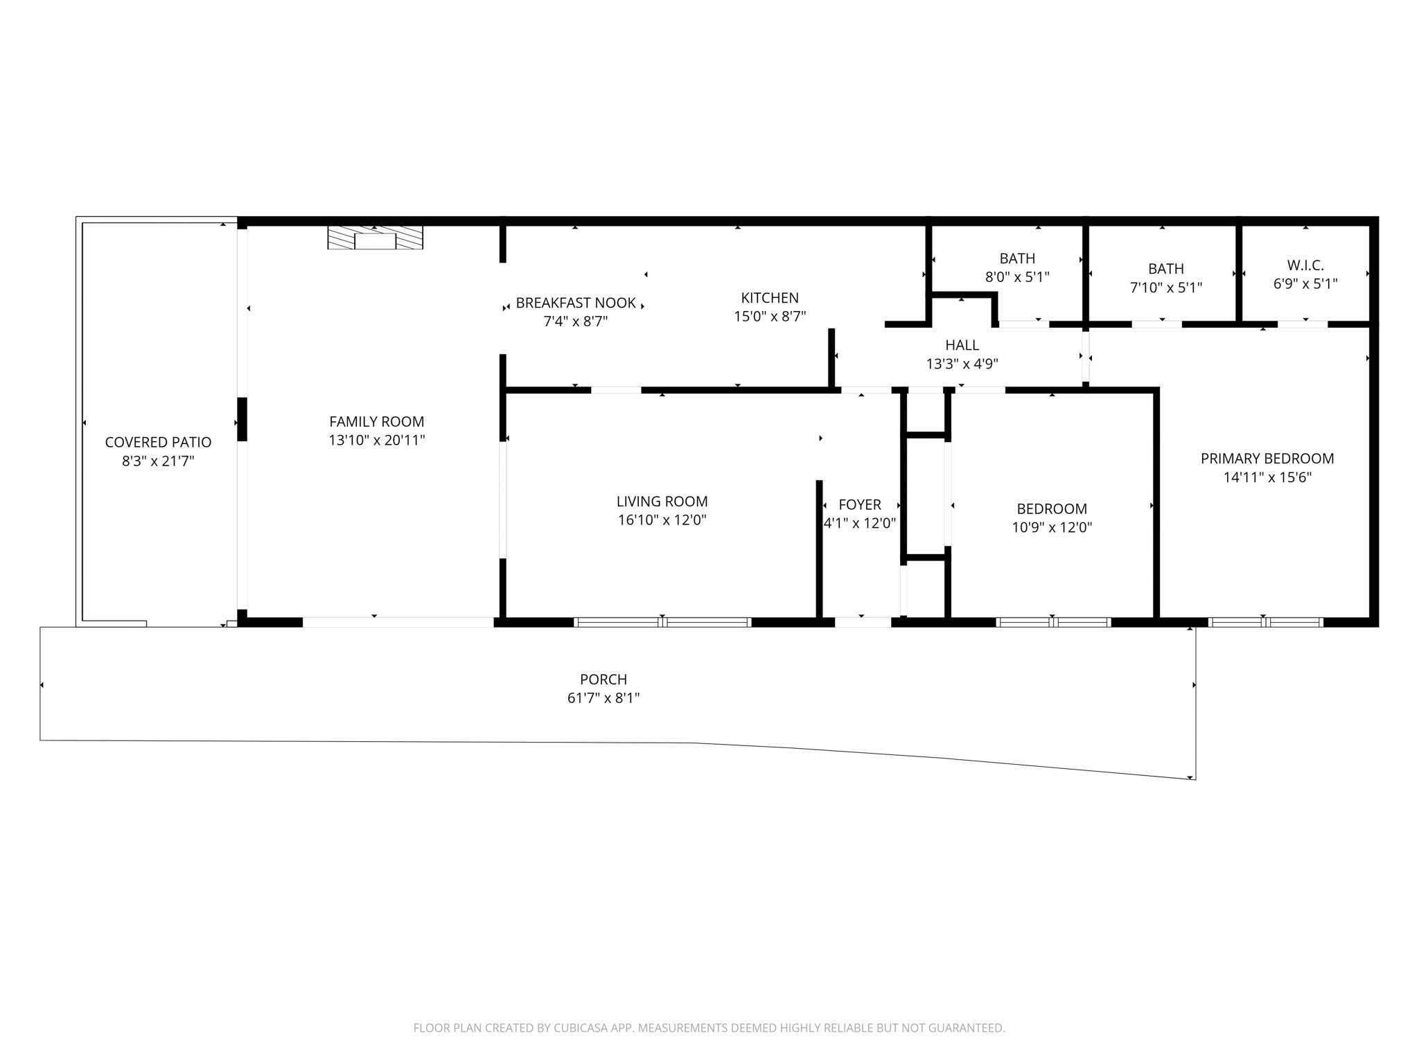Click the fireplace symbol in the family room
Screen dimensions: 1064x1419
pyautogui.click(x=375, y=238)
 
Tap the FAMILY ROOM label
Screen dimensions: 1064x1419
pyautogui.click(x=376, y=421)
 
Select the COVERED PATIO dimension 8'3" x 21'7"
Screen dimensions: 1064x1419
pyautogui.click(x=158, y=461)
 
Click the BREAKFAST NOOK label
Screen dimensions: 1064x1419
pyautogui.click(x=575, y=303)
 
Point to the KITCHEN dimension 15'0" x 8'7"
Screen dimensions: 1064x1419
pyautogui.click(x=770, y=317)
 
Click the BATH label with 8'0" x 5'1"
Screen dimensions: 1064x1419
pyautogui.click(x=1017, y=258)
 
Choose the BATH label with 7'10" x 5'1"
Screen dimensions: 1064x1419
pyautogui.click(x=1165, y=269)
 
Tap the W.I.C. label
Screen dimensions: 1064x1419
pyautogui.click(x=1305, y=265)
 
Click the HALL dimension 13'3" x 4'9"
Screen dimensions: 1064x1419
pyautogui.click(x=962, y=364)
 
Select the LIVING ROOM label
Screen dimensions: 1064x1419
pyautogui.click(x=662, y=502)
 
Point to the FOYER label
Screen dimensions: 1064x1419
pyautogui.click(x=860, y=505)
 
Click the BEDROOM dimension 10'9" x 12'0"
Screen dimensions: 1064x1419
pyautogui.click(x=1052, y=527)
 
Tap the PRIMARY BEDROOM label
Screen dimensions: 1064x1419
pyautogui.click(x=1267, y=459)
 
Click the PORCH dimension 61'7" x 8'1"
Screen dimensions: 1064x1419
pyautogui.click(x=603, y=698)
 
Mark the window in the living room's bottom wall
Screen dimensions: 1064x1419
pyautogui.click(x=663, y=622)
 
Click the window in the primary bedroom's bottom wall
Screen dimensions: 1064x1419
pyautogui.click(x=1265, y=622)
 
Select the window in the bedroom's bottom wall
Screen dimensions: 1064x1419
pyautogui.click(x=1053, y=622)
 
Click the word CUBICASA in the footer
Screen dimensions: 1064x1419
pyautogui.click(x=581, y=1028)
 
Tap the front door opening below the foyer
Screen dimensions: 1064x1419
pyautogui.click(x=863, y=622)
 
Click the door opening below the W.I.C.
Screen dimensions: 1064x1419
pyautogui.click(x=1303, y=323)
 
